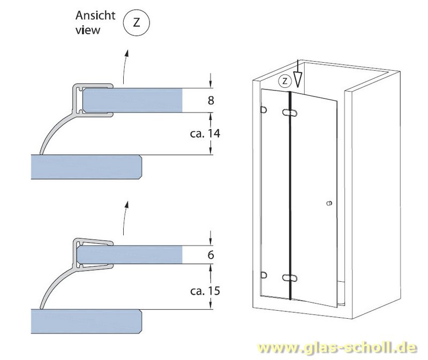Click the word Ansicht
(x=95, y=16)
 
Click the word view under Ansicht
(x=87, y=30)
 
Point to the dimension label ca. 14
(x=205, y=133)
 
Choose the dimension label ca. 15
(x=205, y=291)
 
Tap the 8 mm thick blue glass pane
(x=134, y=100)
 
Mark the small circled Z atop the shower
(x=285, y=81)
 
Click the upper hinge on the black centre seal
(x=289, y=114)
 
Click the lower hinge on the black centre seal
(x=289, y=278)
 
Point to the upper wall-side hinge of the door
(x=263, y=110)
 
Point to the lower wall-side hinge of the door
(x=263, y=275)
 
